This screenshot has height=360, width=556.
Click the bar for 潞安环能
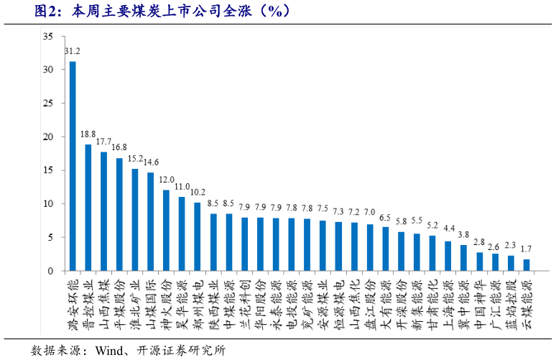(73, 166)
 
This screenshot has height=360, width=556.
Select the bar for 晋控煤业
(88, 208)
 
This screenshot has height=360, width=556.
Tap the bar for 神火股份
(167, 231)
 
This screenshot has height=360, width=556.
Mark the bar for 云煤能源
(527, 265)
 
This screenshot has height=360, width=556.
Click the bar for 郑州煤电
(198, 236)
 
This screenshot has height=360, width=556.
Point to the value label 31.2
(73, 52)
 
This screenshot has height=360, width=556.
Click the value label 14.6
(152, 162)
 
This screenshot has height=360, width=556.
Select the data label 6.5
(386, 217)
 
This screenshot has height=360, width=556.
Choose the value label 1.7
(527, 248)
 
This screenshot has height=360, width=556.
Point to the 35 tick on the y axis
(47, 37)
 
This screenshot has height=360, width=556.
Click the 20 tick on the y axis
(47, 137)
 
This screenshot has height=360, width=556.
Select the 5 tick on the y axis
(50, 238)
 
